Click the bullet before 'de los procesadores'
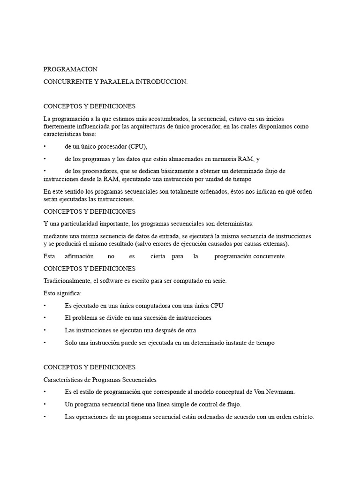point(45,171)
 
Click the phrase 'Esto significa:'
point(62,293)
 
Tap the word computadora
point(149,306)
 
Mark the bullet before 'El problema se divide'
point(45,318)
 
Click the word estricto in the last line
point(303,417)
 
